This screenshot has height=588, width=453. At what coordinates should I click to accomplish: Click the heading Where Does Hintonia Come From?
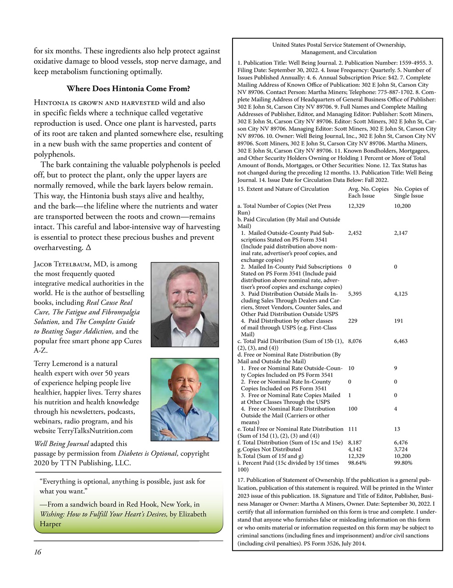pos(128,89)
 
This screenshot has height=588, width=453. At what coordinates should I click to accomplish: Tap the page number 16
pos(37,552)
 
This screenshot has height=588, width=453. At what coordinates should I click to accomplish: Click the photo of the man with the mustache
pos(185,304)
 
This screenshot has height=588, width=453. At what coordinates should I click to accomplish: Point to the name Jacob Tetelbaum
pos(62,264)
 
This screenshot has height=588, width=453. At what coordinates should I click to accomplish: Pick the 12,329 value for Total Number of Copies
pos(356,206)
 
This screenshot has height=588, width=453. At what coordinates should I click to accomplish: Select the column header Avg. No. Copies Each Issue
pos(368,192)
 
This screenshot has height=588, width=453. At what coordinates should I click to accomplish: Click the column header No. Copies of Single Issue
pos(411,192)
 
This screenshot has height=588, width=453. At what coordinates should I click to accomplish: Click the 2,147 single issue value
pos(401,233)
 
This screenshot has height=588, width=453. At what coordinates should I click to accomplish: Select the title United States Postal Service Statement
pos(339,48)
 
